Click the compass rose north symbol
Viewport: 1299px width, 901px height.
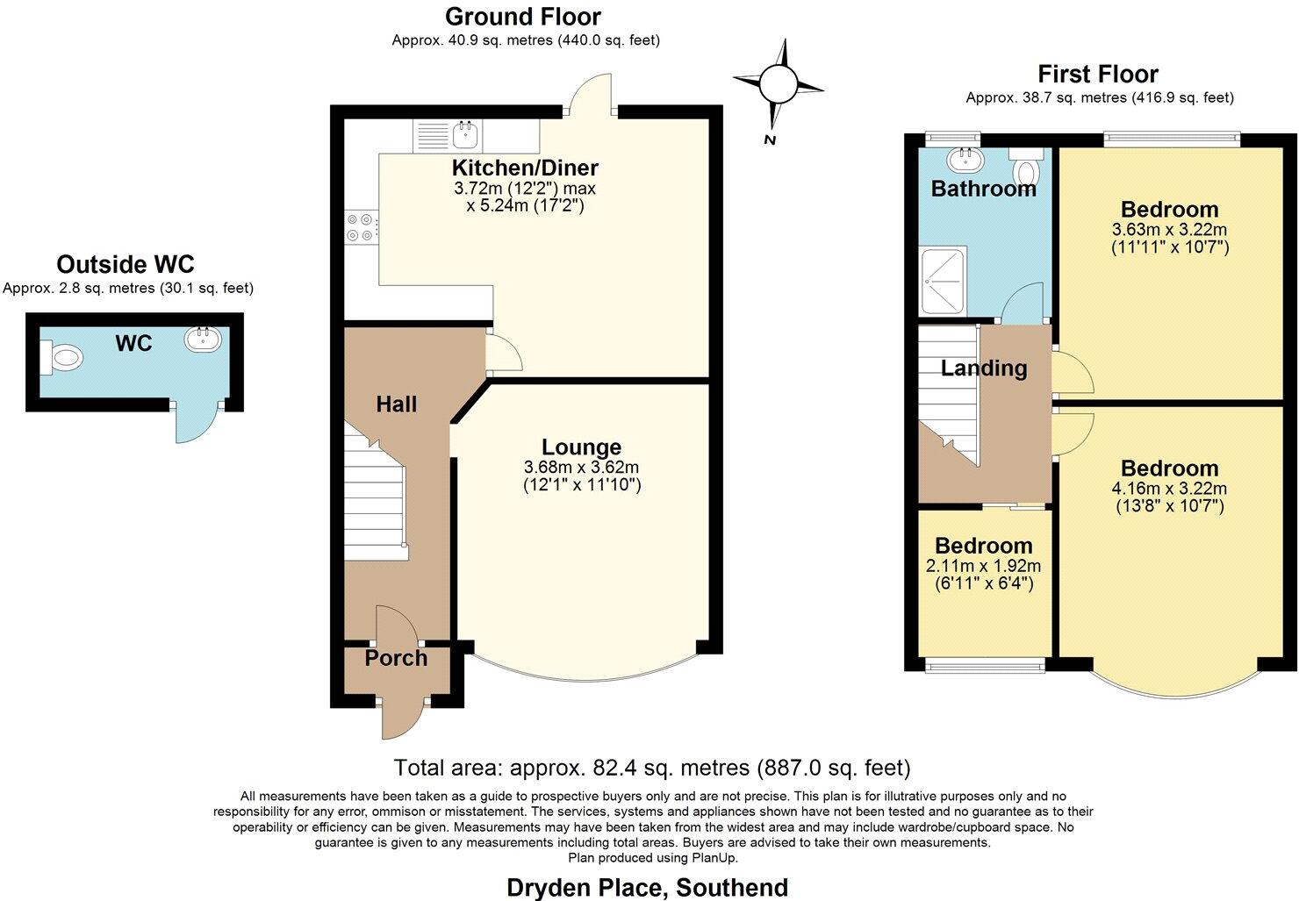[x=778, y=85]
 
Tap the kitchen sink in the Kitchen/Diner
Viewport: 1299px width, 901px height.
[x=464, y=134]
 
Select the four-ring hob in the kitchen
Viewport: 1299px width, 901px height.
[x=361, y=227]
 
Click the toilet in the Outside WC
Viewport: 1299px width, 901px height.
[x=63, y=356]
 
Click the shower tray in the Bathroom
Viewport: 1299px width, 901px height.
[x=944, y=281]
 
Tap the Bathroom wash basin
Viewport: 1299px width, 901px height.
[x=966, y=159]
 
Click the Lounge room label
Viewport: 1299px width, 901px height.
[x=581, y=447]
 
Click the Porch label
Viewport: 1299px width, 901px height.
[x=396, y=658]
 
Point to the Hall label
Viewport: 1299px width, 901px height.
[x=396, y=404]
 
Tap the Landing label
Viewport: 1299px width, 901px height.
[x=983, y=368]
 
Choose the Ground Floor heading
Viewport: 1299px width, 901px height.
[x=523, y=17]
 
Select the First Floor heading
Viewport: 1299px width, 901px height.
[x=1098, y=74]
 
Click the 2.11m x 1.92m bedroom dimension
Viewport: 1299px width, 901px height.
[x=983, y=566]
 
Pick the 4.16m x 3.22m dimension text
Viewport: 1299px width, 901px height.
[x=1169, y=489]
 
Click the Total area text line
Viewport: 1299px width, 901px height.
[x=652, y=768]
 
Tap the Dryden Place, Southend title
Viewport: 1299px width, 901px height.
[x=647, y=887]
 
